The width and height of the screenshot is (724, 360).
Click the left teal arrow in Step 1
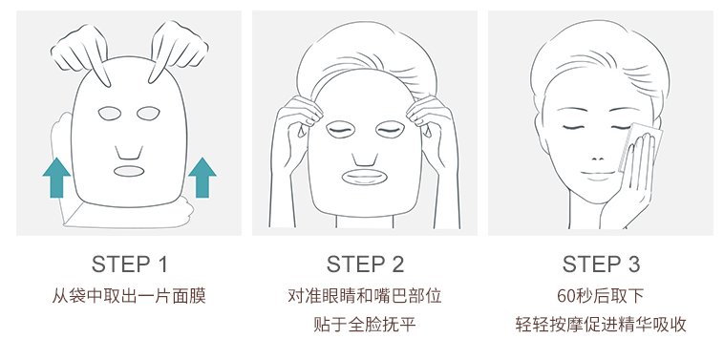[x=56, y=178]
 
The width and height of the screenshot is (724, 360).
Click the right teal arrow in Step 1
[x=202, y=178]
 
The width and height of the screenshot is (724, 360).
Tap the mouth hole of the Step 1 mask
[x=129, y=171]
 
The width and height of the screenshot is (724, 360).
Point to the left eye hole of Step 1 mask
[x=110, y=113]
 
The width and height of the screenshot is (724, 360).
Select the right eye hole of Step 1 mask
[x=148, y=113]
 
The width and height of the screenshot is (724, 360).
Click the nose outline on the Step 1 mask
[x=129, y=154]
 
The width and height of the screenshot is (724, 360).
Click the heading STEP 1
[x=129, y=265]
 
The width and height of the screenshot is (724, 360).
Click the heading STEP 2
[x=365, y=265]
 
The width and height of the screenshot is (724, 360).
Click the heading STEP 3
[x=601, y=265]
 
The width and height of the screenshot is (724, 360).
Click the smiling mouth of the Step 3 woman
[x=598, y=174]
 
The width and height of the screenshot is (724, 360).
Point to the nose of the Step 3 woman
[x=598, y=159]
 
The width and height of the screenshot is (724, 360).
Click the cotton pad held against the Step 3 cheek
[x=641, y=146]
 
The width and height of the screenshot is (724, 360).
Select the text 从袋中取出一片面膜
[x=129, y=295]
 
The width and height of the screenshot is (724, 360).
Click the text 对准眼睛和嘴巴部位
[x=365, y=295]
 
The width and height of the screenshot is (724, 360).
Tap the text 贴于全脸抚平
[x=365, y=324]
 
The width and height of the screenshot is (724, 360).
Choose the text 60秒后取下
[x=600, y=295]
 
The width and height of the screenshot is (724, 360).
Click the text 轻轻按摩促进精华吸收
[x=601, y=324]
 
